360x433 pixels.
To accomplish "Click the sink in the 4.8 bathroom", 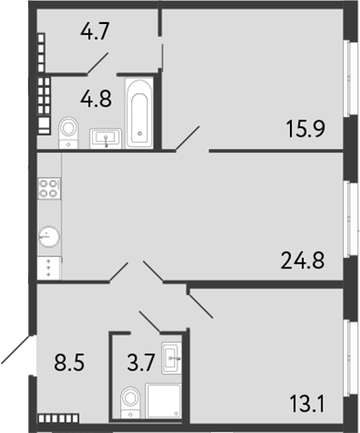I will [x=107, y=136].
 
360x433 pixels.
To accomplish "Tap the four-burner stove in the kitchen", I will [x=49, y=188].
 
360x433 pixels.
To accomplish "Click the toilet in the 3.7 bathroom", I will [x=130, y=399].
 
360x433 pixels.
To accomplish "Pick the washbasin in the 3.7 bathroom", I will [x=173, y=355].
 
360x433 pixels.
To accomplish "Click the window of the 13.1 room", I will [x=349, y=351].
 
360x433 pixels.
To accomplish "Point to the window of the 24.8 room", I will [x=349, y=218].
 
